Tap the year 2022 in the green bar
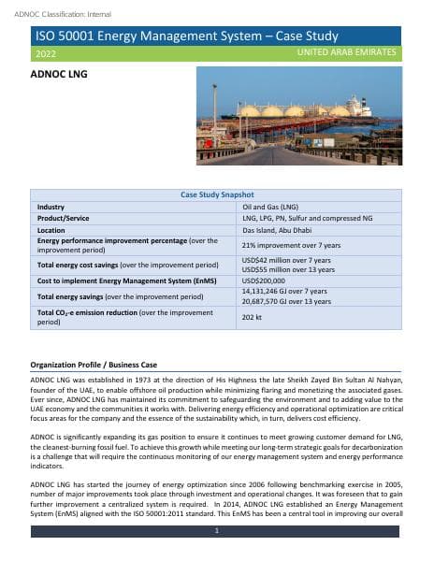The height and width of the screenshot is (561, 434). pos(44,54)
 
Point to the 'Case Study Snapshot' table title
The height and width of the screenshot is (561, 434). pos(216,194)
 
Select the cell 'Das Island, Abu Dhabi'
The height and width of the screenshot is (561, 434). pos(275,229)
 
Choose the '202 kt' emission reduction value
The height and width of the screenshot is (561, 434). pos(251,318)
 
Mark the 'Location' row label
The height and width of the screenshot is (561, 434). pos(51,229)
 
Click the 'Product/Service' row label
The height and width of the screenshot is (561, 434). pos(62,217)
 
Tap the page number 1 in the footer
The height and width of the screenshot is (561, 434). pos(216,531)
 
